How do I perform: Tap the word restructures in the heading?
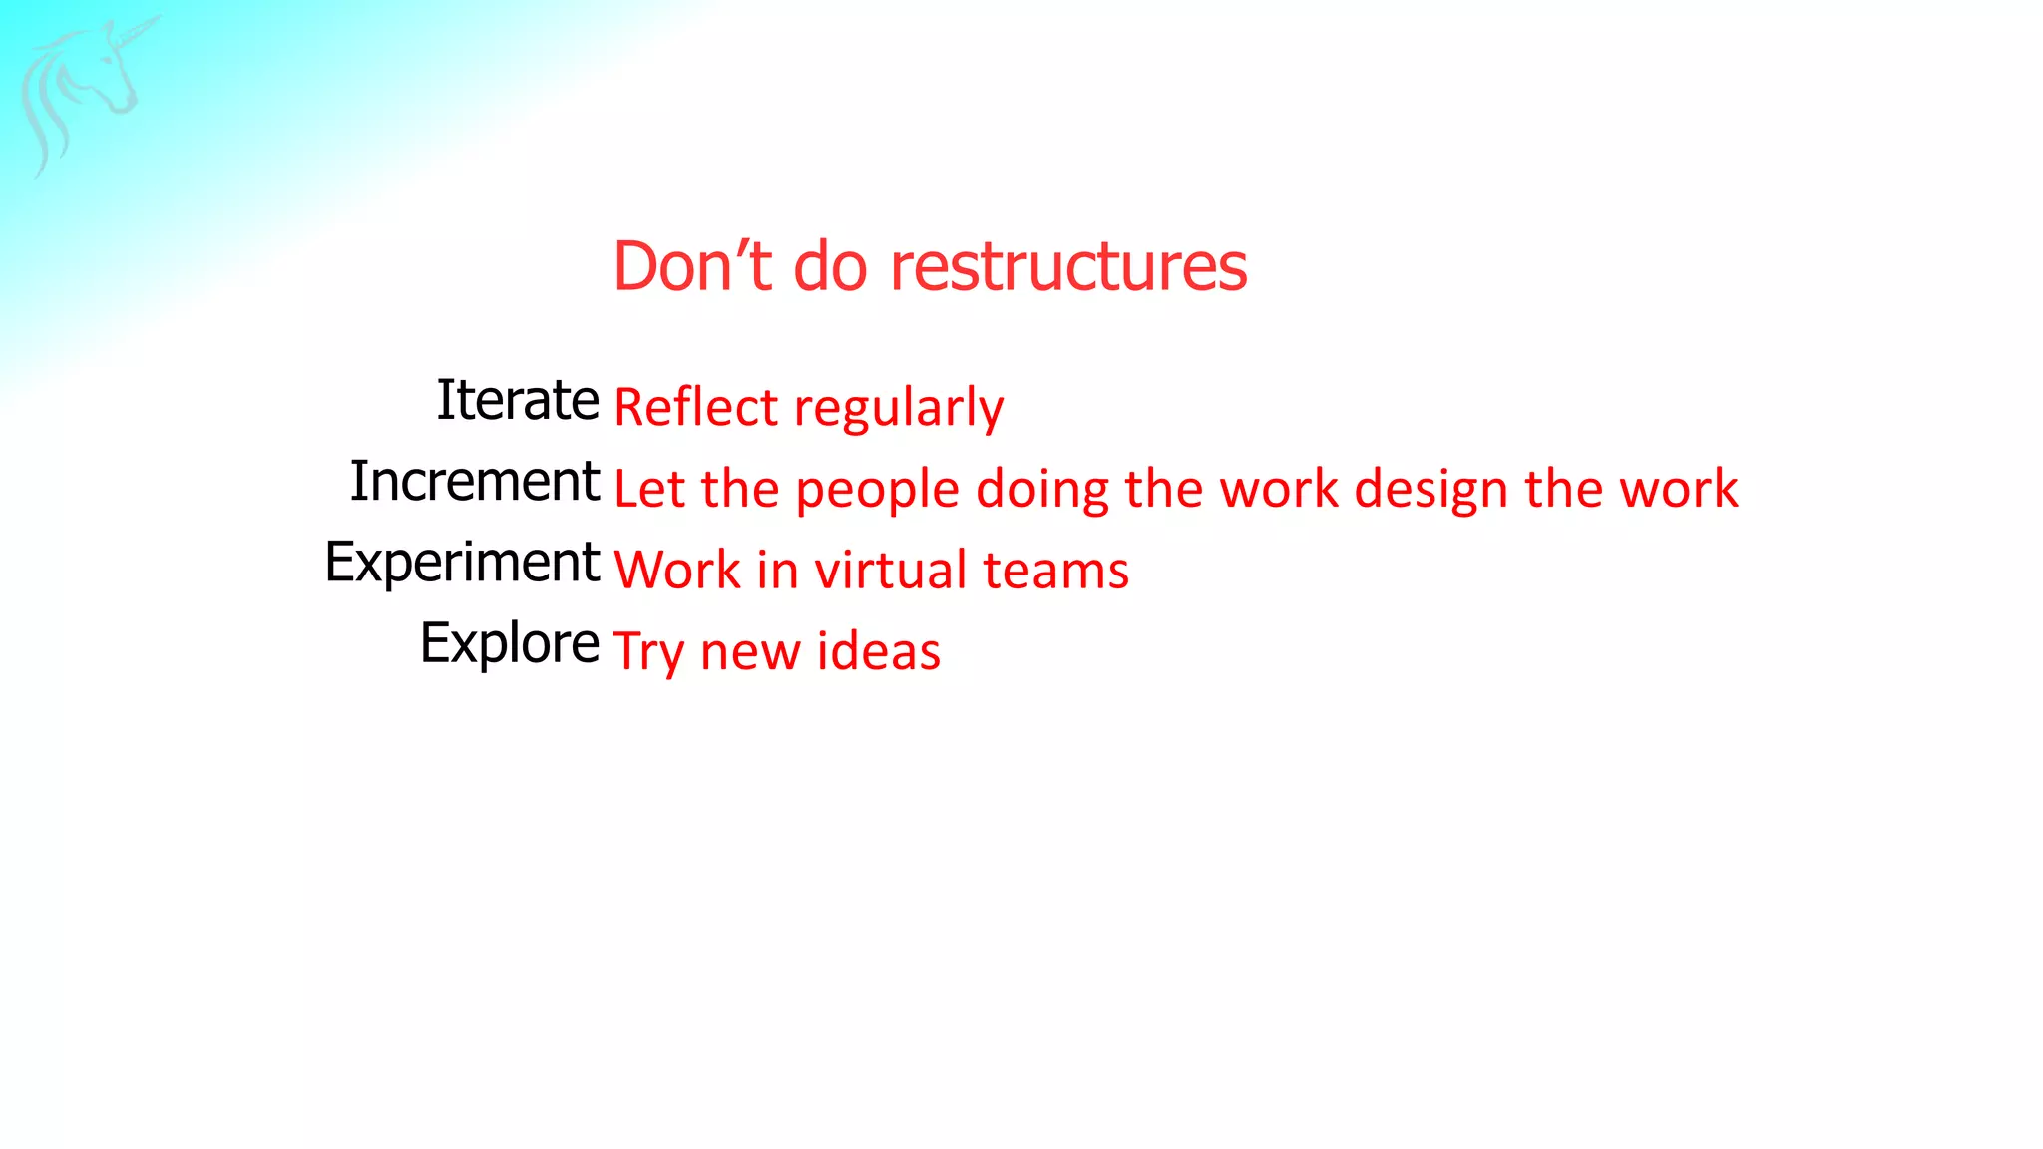click(x=1067, y=267)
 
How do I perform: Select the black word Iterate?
click(x=518, y=400)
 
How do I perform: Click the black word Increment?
click(x=475, y=481)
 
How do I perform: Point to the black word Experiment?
click(x=462, y=563)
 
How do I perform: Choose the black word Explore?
click(x=510, y=643)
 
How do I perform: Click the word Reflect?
click(x=695, y=408)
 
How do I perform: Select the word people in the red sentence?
click(x=877, y=491)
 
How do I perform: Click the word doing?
click(x=1041, y=491)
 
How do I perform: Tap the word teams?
click(x=1055, y=572)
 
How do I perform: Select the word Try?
click(x=647, y=653)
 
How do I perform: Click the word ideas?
click(x=878, y=651)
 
